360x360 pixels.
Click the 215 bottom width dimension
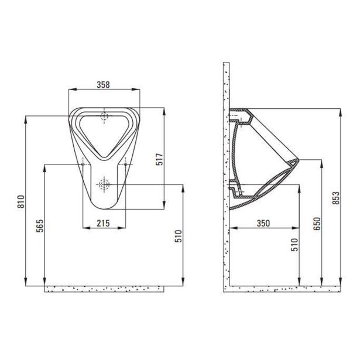pyautogui.click(x=104, y=222)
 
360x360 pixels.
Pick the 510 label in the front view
pyautogui.click(x=178, y=236)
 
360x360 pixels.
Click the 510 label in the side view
pyautogui.click(x=294, y=244)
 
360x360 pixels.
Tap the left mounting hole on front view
pyautogui.click(x=83, y=164)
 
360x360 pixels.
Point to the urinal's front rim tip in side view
pyautogui.click(x=299, y=160)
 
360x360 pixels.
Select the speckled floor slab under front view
pyautogui.click(x=105, y=289)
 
